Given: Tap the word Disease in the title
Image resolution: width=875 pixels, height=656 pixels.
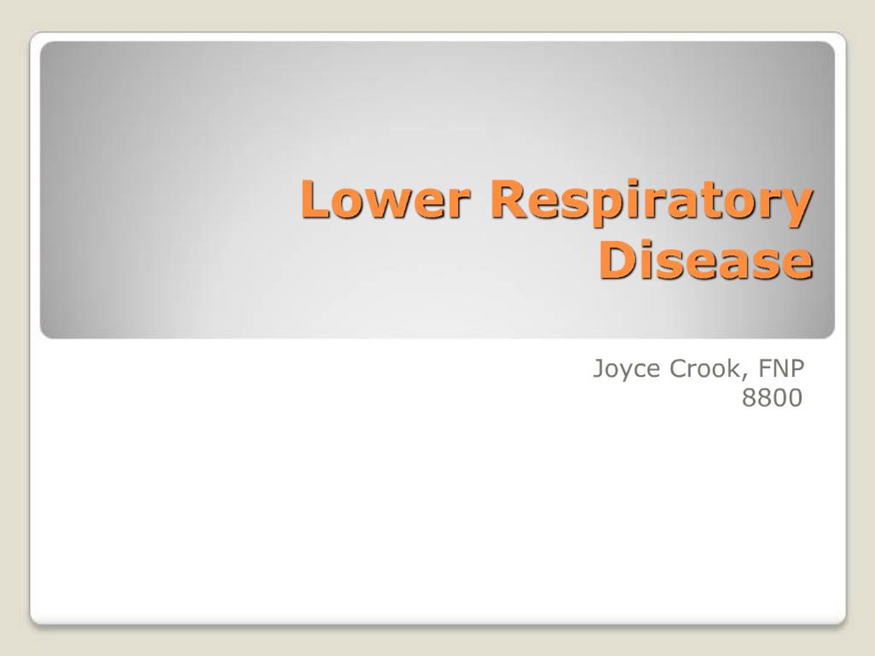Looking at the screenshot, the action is coord(706,259).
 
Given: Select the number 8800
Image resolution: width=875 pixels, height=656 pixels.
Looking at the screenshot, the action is coord(772,398).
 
